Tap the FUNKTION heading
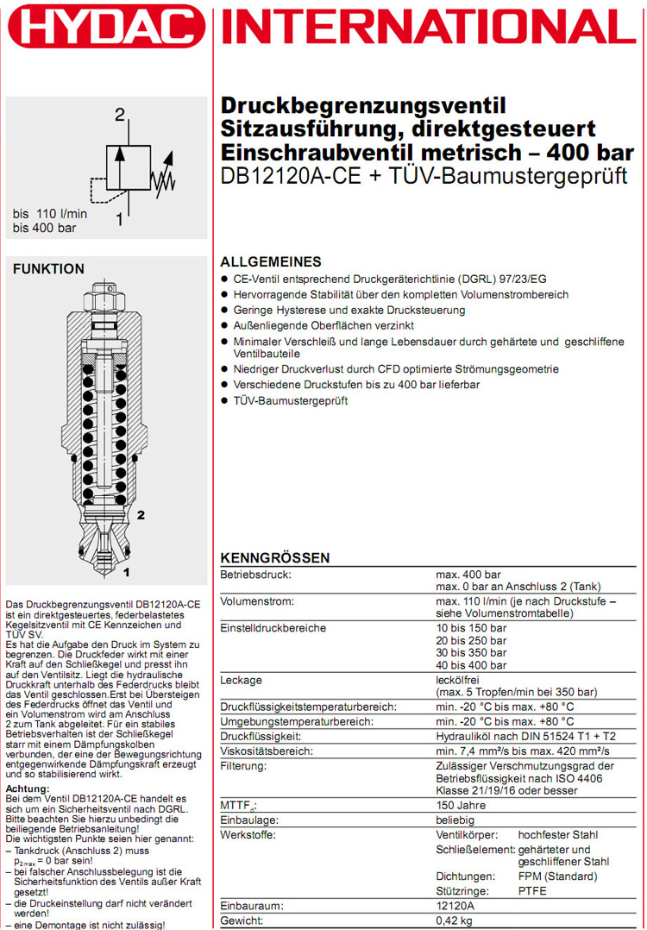tap(48, 269)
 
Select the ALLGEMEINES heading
tap(271, 262)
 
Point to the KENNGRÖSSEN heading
tap(275, 558)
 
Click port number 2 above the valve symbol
tap(120, 115)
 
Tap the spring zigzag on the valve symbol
tap(161, 179)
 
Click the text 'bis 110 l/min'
tap(53, 214)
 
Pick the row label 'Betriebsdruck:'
tap(256, 575)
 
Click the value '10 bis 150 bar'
tap(472, 628)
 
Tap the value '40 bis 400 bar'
tap(472, 665)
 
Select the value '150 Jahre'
tap(461, 805)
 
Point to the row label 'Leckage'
tap(242, 681)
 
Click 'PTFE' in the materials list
tap(532, 890)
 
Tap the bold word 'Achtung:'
tap(28, 789)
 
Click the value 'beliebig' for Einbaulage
tap(458, 820)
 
